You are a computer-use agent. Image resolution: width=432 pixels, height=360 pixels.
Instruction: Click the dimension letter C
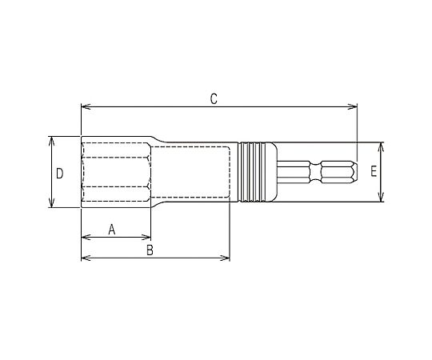click(x=214, y=99)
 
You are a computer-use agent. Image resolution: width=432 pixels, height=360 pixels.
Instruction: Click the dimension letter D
click(x=59, y=174)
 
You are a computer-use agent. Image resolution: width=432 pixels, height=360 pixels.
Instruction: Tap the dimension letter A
click(x=111, y=230)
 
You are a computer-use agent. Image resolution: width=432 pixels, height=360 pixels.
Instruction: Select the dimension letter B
click(x=150, y=250)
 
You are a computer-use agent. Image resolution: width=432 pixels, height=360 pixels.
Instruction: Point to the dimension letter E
click(x=374, y=171)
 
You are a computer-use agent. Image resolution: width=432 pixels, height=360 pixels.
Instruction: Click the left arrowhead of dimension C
click(x=86, y=106)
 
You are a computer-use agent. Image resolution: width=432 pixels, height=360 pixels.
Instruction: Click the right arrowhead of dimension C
click(x=352, y=106)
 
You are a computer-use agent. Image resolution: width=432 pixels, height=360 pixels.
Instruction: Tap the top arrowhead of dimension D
click(x=51, y=141)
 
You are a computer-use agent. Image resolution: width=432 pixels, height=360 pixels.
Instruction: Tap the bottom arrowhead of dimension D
click(x=51, y=202)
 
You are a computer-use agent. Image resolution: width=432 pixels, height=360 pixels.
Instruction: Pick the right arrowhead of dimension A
click(x=146, y=237)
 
